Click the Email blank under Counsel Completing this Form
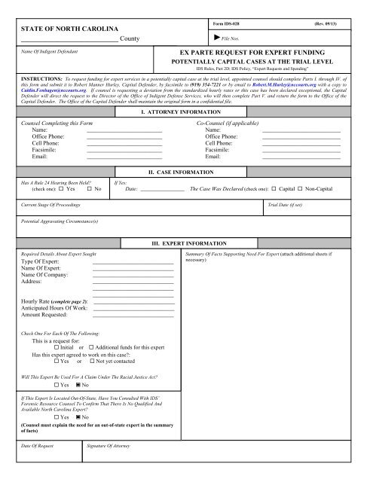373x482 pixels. [x=124, y=156]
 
